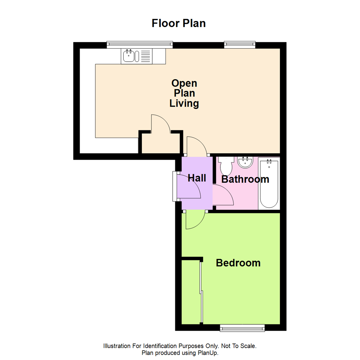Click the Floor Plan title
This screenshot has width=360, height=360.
point(179,23)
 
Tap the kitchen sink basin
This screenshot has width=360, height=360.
point(129,56)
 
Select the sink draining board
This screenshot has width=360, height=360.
point(146,56)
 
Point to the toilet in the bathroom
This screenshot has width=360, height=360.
point(226,165)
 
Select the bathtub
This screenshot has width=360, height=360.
point(269,183)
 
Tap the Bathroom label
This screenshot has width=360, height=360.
point(245,179)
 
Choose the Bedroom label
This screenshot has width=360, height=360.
point(238,263)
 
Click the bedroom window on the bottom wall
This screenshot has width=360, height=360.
point(242,329)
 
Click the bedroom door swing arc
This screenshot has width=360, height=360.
point(195,220)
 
